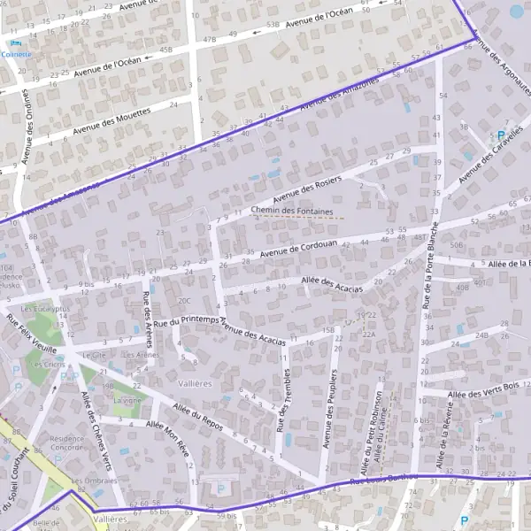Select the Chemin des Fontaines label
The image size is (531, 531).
point(292,212)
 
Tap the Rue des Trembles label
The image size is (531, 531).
point(284,402)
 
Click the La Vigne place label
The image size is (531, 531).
point(127,400)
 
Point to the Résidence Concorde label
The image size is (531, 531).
point(67,442)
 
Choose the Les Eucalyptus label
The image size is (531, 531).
point(45,308)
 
